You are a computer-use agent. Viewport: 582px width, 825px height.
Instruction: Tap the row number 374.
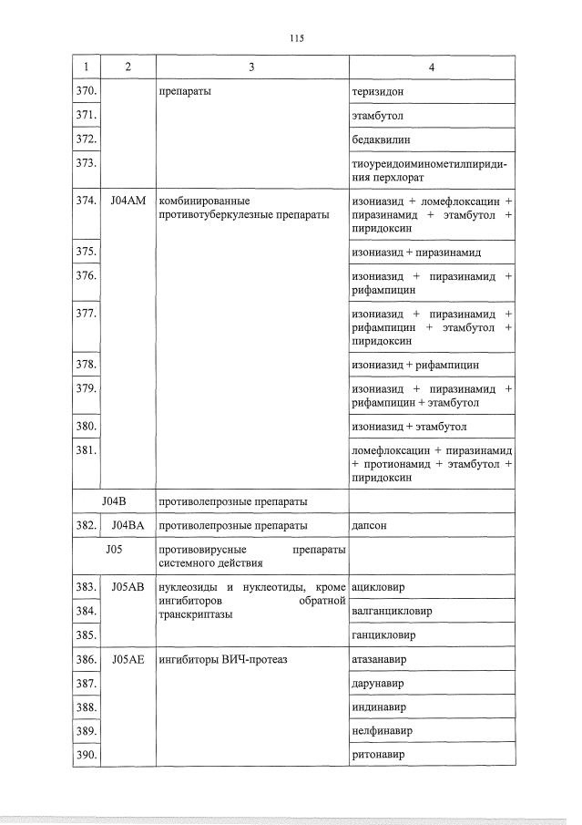(x=87, y=200)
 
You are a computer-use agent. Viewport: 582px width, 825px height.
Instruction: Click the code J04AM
(x=128, y=200)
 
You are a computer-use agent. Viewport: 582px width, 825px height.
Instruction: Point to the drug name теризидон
(x=377, y=92)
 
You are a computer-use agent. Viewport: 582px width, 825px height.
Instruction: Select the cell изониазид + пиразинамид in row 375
(x=415, y=252)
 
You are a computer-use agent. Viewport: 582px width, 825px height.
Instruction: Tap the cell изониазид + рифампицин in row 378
(x=414, y=365)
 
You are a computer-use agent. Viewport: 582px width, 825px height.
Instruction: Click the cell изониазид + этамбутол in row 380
(x=411, y=426)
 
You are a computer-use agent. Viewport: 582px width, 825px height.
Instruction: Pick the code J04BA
(x=128, y=525)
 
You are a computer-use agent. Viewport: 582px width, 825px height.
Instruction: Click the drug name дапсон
(x=370, y=525)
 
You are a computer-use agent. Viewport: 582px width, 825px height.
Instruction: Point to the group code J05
(x=114, y=549)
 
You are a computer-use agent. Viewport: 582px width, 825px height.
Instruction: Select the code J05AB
(x=128, y=587)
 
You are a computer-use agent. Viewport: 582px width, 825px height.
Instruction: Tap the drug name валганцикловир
(x=391, y=611)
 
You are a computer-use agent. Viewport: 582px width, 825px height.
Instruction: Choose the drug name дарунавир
(x=378, y=683)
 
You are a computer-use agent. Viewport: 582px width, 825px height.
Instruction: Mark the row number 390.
(x=87, y=755)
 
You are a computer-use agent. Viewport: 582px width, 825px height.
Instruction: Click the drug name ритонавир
(x=378, y=755)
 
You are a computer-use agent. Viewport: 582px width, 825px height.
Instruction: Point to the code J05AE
(x=128, y=659)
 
